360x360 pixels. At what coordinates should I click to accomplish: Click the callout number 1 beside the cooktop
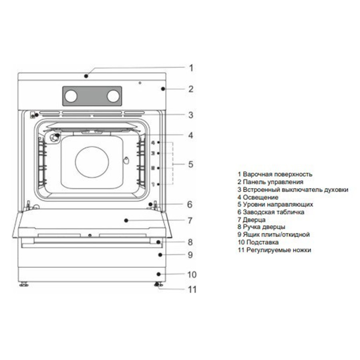tap(191, 68)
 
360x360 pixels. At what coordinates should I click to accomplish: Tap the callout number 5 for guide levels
tap(191, 164)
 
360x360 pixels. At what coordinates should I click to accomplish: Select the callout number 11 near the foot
tap(192, 290)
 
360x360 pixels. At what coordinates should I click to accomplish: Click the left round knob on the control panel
tap(71, 96)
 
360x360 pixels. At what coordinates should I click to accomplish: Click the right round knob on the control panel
tap(113, 96)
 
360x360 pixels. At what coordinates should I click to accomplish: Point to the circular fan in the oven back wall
tap(92, 162)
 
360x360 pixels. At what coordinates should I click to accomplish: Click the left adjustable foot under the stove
tap(24, 284)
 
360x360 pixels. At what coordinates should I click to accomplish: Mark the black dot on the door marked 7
tap(126, 220)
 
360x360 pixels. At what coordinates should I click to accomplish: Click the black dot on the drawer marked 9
tap(160, 255)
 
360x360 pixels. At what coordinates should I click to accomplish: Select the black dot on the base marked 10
tap(159, 274)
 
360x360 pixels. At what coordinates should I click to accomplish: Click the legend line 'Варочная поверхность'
tap(275, 174)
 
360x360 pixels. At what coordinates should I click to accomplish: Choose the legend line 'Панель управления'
tap(270, 182)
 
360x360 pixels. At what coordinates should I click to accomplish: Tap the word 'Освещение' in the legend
tap(260, 198)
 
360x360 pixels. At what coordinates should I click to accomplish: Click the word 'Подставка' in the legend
tap(262, 242)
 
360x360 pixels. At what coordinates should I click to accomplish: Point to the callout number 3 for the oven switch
tap(191, 115)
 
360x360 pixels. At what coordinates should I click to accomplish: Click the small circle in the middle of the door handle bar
tap(90, 235)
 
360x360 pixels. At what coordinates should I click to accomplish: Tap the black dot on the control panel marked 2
tap(163, 89)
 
